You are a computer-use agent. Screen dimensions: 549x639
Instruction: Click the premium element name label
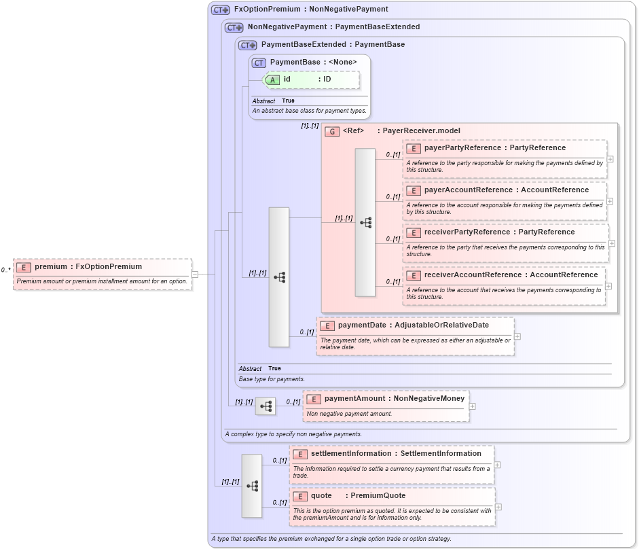pyautogui.click(x=51, y=267)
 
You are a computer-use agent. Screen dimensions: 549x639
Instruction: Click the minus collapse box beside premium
pyautogui.click(x=195, y=274)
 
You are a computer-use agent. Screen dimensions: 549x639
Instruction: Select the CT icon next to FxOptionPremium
pyautogui.click(x=220, y=10)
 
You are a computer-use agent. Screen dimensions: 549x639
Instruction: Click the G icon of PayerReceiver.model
pyautogui.click(x=332, y=131)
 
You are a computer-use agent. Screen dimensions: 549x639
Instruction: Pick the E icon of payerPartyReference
pyautogui.click(x=413, y=148)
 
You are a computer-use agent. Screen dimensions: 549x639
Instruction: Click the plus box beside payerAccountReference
pyautogui.click(x=610, y=201)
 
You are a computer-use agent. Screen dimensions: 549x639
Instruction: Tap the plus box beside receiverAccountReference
pyautogui.click(x=610, y=286)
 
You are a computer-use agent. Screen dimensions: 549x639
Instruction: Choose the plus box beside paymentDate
pyautogui.click(x=517, y=336)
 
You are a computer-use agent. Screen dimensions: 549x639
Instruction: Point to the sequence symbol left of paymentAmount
pyautogui.click(x=266, y=406)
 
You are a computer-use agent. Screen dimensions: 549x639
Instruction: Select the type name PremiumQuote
pyautogui.click(x=378, y=495)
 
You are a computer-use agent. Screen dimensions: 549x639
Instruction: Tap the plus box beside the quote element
pyautogui.click(x=498, y=506)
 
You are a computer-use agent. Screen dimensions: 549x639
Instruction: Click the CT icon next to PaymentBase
pyautogui.click(x=259, y=63)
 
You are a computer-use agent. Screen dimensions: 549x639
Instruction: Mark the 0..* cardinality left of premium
pyautogui.click(x=5, y=270)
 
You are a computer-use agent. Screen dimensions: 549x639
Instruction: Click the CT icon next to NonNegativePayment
pyautogui.click(x=234, y=28)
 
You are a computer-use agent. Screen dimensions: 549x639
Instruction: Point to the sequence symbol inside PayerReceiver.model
pyautogui.click(x=365, y=222)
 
